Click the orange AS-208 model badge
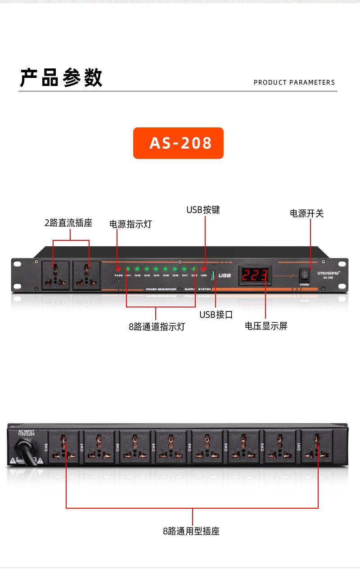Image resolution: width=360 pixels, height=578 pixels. point(178,143)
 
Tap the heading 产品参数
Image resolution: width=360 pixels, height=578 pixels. point(61,77)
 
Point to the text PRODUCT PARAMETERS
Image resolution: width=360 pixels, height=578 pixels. point(294,82)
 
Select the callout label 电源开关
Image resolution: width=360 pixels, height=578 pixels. point(307,213)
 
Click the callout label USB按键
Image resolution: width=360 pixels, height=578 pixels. point(203,210)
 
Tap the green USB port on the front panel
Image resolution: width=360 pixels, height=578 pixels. point(213,275)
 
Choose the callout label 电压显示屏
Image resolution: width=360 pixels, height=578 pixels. point(266,326)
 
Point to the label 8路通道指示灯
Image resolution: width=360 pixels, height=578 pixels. point(157,327)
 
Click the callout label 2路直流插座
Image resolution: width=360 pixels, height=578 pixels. point(68,223)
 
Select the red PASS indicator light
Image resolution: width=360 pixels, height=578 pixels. point(118,269)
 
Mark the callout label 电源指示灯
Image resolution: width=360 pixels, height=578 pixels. point(130,224)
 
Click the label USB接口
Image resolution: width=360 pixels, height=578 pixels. point(216,315)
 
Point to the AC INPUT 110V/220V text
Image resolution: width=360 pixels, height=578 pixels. point(26,433)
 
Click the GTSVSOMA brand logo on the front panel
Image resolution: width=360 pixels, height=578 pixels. point(328,272)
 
